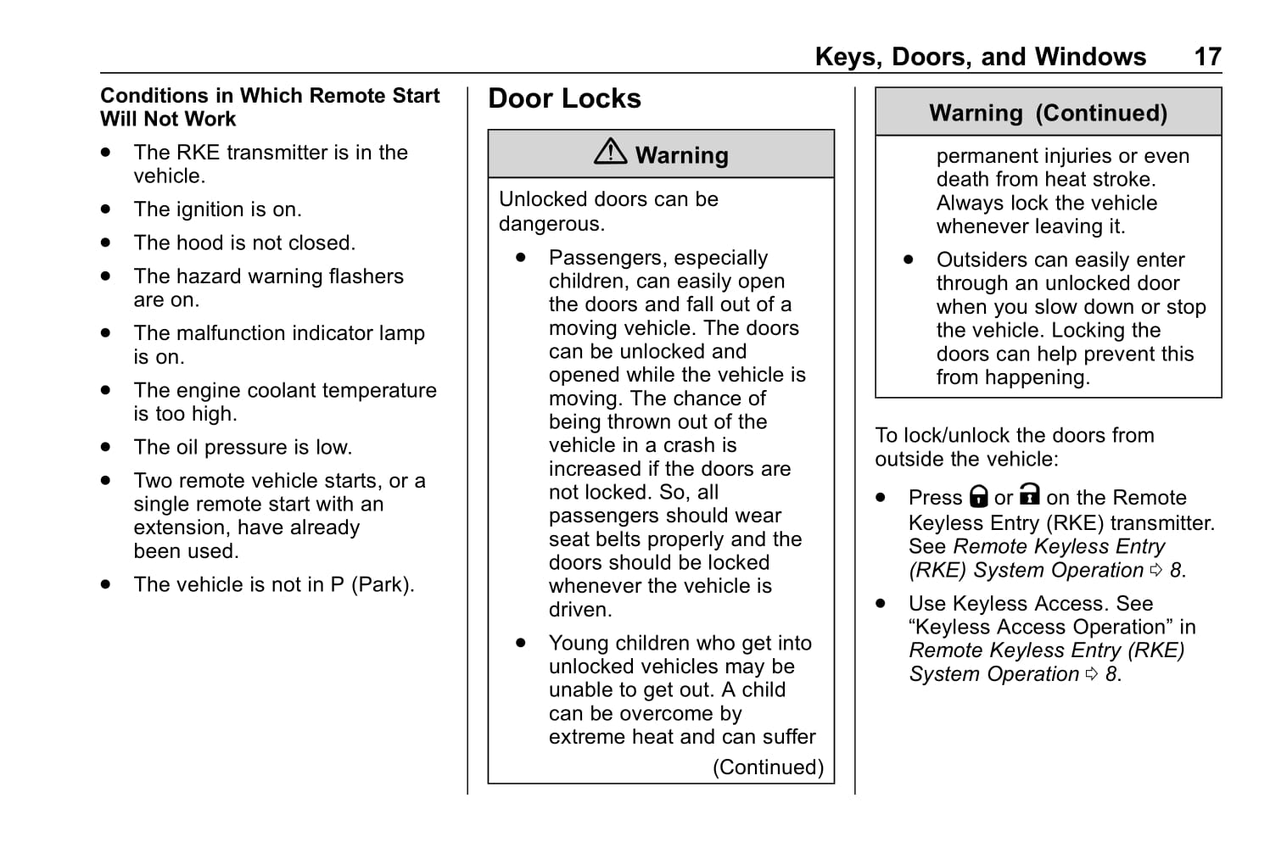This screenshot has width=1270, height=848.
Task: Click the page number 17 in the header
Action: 1207,57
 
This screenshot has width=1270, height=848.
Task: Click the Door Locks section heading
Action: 564,99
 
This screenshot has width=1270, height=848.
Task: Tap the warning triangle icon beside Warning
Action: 610,152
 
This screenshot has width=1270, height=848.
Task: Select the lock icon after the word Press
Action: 979,496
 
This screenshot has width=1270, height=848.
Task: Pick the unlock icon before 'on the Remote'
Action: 1030,494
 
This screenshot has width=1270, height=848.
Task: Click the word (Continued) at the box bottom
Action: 768,767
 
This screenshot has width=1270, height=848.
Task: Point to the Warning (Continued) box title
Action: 1048,113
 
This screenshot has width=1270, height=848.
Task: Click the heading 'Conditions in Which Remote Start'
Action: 270,96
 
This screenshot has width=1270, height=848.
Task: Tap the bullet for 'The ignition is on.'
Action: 105,209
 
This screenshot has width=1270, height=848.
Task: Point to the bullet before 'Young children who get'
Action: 521,643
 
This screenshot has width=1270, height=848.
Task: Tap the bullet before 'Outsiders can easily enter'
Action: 909,259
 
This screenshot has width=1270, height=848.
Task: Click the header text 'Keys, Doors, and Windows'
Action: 980,57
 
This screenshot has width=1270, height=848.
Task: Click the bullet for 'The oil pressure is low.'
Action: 105,447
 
